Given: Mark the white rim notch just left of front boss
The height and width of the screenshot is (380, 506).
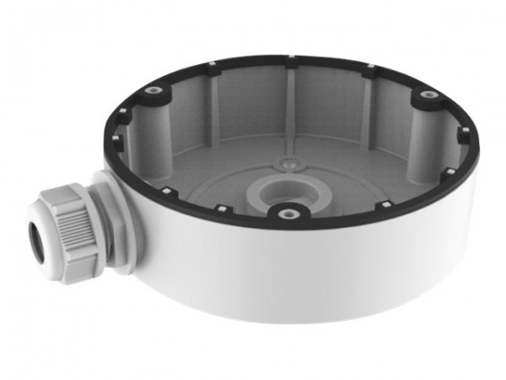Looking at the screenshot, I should point(220,207).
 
